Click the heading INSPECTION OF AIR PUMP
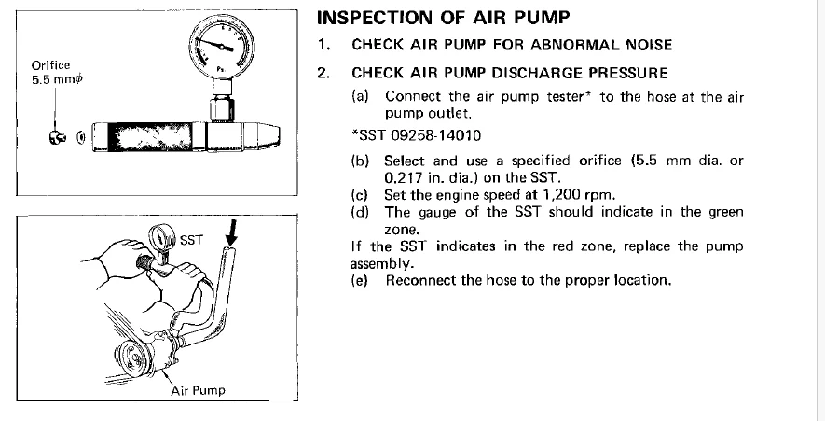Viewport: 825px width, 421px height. click(x=443, y=18)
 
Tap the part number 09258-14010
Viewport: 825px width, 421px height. click(x=435, y=136)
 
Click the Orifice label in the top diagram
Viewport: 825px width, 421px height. click(x=50, y=65)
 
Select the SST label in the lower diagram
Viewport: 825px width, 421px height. click(x=191, y=240)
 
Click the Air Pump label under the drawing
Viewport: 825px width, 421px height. click(x=198, y=390)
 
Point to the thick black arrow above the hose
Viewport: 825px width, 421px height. click(x=231, y=233)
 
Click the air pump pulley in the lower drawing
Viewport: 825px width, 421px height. click(x=133, y=358)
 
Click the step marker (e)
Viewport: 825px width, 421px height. click(x=360, y=280)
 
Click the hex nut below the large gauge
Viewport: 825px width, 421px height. click(x=222, y=109)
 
